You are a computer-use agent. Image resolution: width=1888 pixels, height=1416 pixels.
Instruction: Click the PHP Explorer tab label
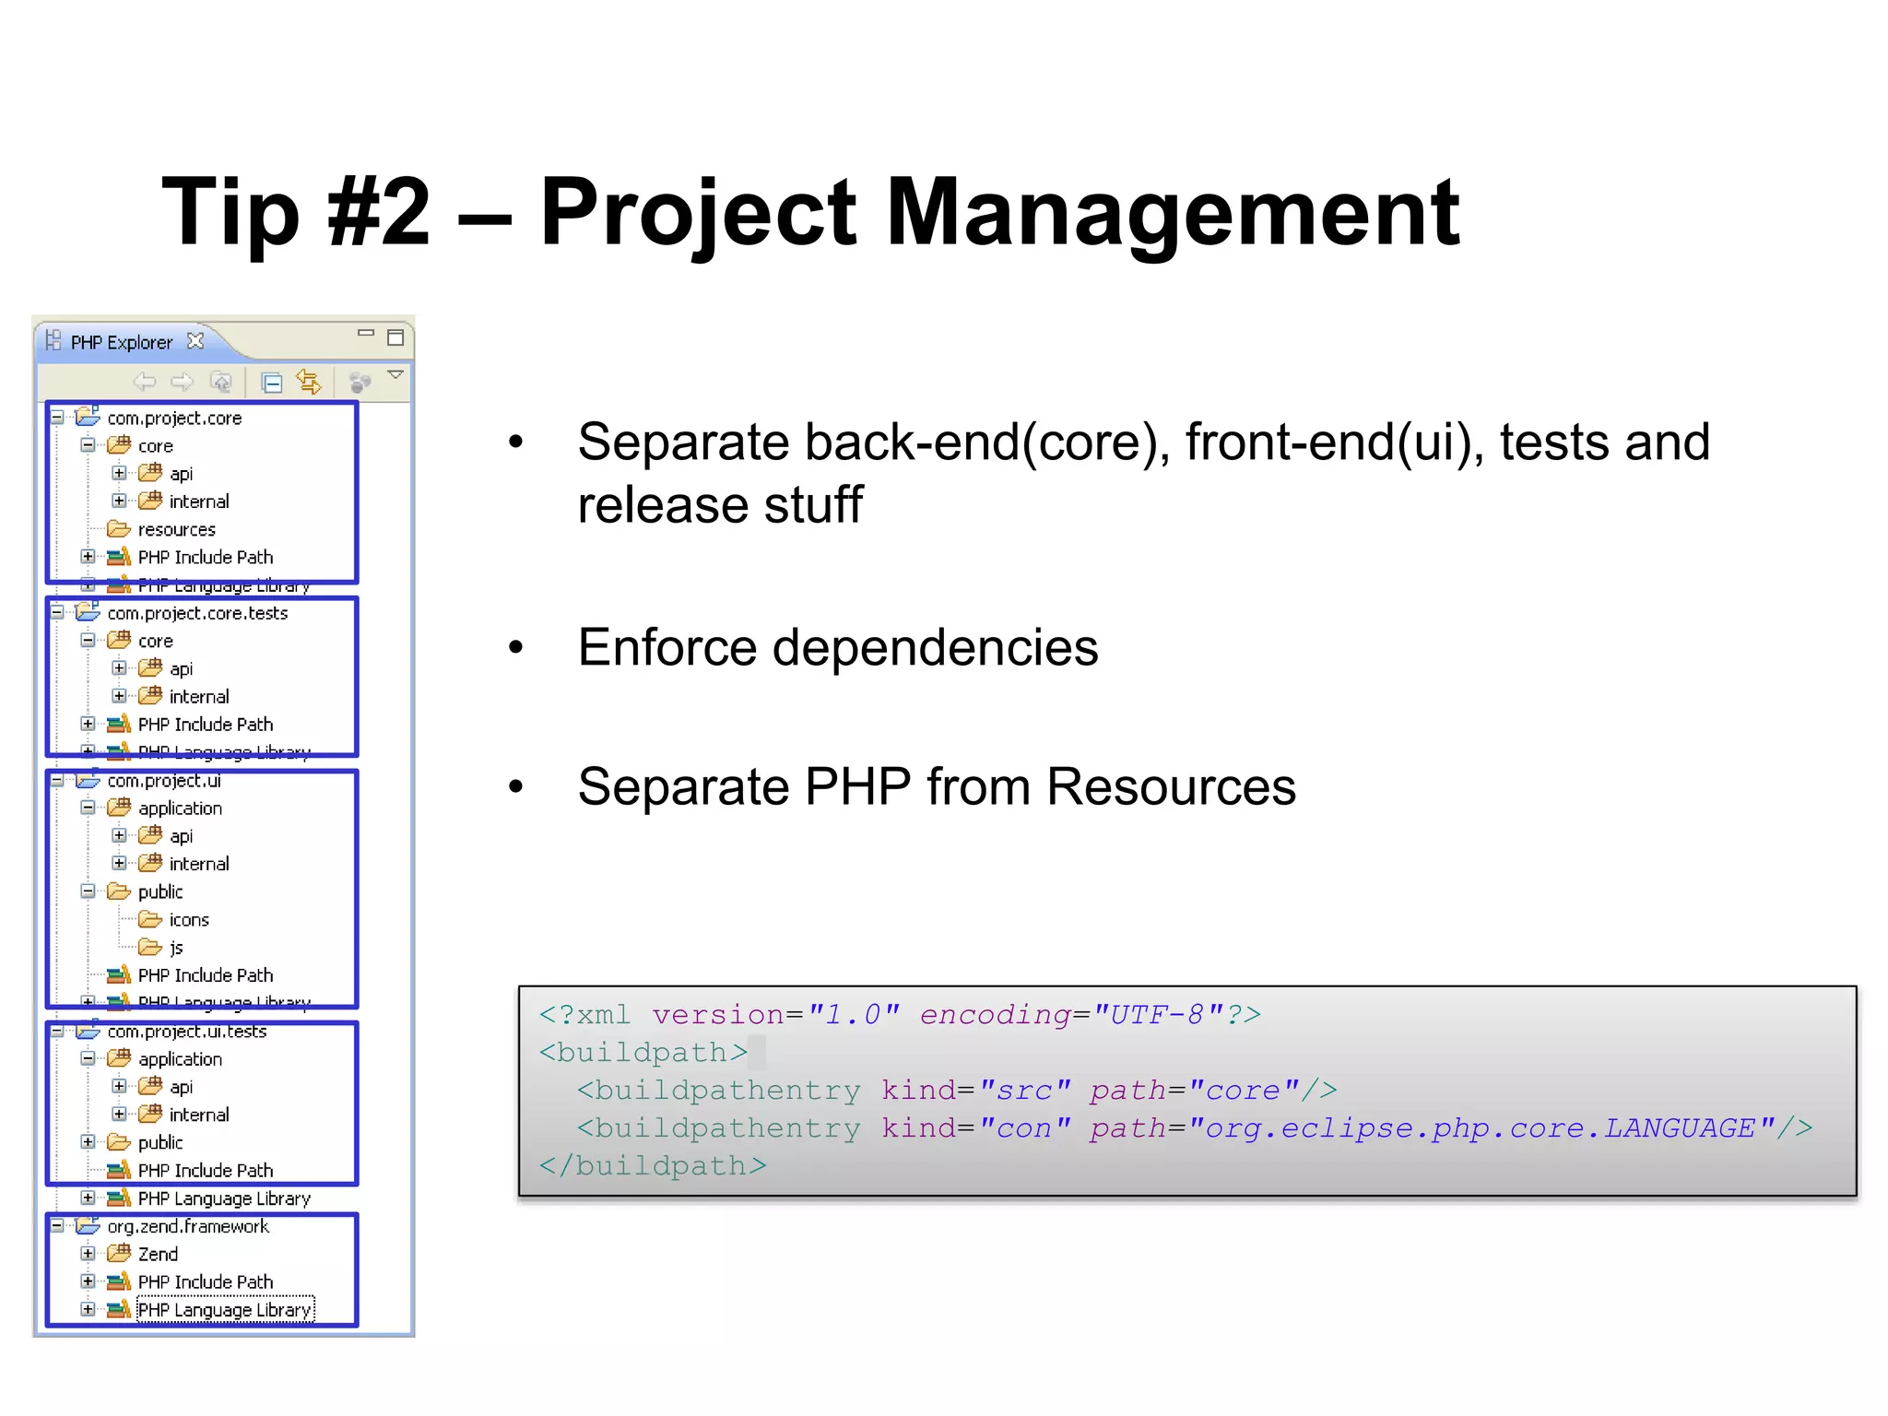click(x=121, y=343)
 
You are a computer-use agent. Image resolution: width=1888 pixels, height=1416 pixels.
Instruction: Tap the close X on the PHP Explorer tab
click(x=195, y=341)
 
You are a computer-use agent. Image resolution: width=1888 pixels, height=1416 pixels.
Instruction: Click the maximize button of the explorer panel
click(x=395, y=337)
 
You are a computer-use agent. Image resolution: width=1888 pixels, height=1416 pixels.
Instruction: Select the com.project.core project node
click(x=174, y=419)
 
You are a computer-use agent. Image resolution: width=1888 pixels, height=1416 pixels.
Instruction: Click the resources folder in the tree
click(x=176, y=530)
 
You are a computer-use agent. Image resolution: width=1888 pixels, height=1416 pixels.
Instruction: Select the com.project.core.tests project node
click(x=197, y=613)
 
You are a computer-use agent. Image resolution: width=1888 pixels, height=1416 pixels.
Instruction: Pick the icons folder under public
click(x=188, y=920)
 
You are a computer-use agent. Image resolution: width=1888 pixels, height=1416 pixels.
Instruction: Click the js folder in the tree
click(x=175, y=948)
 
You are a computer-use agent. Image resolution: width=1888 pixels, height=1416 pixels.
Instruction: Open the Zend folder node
click(x=158, y=1254)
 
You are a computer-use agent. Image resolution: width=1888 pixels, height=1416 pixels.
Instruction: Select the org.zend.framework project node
click(x=188, y=1226)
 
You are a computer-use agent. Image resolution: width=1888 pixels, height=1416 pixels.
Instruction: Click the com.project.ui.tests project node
click(x=186, y=1032)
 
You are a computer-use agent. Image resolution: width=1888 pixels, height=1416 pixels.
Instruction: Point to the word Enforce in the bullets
click(x=667, y=647)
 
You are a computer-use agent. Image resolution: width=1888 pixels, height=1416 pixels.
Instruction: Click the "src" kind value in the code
click(x=1025, y=1091)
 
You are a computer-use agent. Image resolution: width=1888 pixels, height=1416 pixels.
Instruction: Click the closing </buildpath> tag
click(x=653, y=1166)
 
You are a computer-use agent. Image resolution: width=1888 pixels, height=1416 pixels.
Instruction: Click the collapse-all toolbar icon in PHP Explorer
click(x=272, y=382)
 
